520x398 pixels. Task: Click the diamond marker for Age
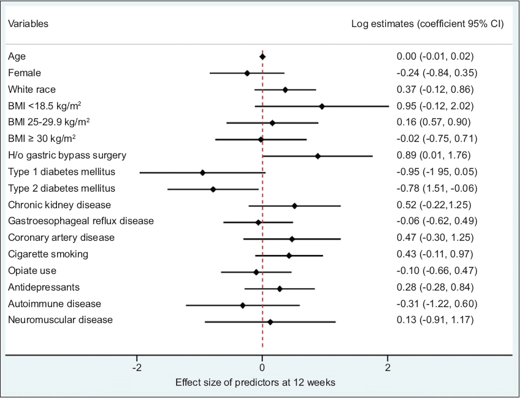coord(262,57)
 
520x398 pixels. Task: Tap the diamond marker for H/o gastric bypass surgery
coord(318,156)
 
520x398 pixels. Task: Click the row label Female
coord(24,72)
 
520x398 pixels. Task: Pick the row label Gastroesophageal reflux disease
coord(81,220)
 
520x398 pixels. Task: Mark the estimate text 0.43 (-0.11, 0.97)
coord(435,254)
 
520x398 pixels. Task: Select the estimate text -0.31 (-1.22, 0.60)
coord(436,303)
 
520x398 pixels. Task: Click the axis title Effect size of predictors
coord(255,383)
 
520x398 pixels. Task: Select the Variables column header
coord(28,24)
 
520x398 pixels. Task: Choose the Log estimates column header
coord(427,24)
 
